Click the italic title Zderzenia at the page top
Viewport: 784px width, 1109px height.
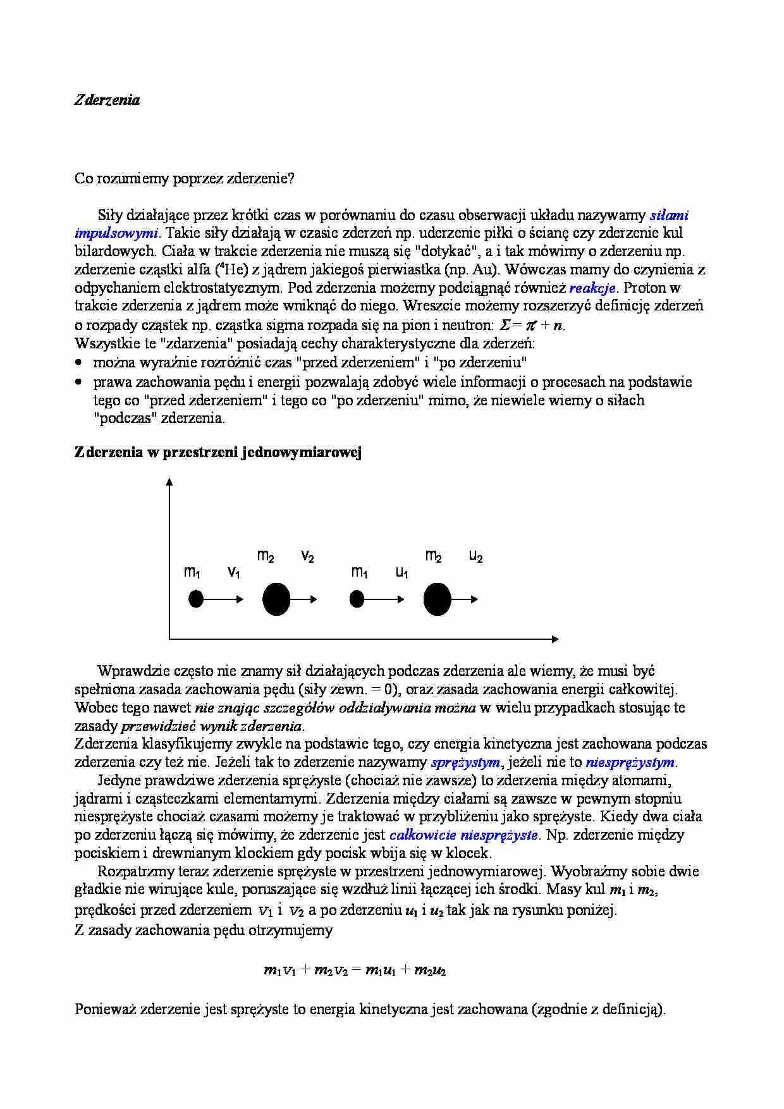[x=107, y=100]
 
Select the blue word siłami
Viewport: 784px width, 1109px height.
[x=669, y=215]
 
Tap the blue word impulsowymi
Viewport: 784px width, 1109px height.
[x=116, y=233]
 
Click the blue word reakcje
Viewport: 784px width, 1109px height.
[x=592, y=288]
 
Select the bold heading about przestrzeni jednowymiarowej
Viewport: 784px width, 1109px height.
[x=217, y=453]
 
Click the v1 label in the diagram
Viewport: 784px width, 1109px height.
[x=233, y=573]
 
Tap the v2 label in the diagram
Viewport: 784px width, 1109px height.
[x=307, y=557]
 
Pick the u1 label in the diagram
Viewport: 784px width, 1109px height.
[x=401, y=573]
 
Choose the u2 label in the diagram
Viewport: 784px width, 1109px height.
[x=475, y=557]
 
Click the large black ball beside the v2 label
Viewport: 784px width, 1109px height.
[x=276, y=599]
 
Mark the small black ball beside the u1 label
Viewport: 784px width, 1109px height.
[x=357, y=599]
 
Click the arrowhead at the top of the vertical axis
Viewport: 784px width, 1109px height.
[x=169, y=482]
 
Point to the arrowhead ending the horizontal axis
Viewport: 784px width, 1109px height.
[x=555, y=639]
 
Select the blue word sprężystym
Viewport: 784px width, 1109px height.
[x=465, y=763]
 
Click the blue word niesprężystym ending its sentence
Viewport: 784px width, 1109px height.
[x=630, y=763]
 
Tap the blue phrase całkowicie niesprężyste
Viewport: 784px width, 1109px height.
[x=463, y=835]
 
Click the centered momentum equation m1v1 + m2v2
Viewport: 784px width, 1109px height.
[x=355, y=971]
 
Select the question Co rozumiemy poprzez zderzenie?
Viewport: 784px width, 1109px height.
[x=185, y=178]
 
